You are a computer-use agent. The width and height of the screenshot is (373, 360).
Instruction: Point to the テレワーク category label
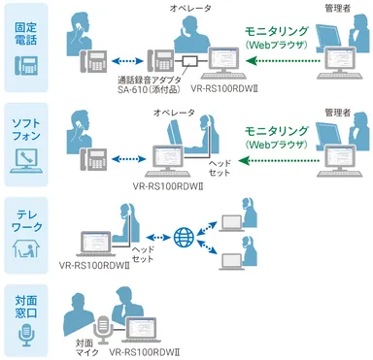click(x=25, y=213)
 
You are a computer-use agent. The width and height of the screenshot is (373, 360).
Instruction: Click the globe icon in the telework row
click(x=183, y=236)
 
